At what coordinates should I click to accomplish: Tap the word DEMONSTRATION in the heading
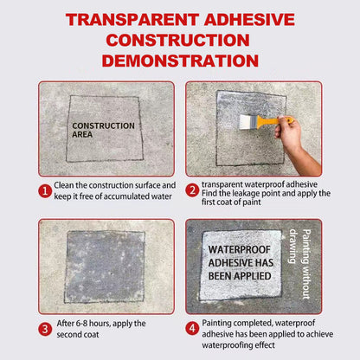[180, 60]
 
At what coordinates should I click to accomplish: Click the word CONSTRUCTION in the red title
[180, 41]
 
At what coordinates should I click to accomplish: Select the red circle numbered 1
[44, 189]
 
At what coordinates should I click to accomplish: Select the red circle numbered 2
[192, 189]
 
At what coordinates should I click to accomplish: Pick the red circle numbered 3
[44, 329]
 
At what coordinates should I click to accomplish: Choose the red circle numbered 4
[192, 329]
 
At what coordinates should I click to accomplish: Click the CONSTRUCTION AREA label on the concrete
[103, 130]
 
